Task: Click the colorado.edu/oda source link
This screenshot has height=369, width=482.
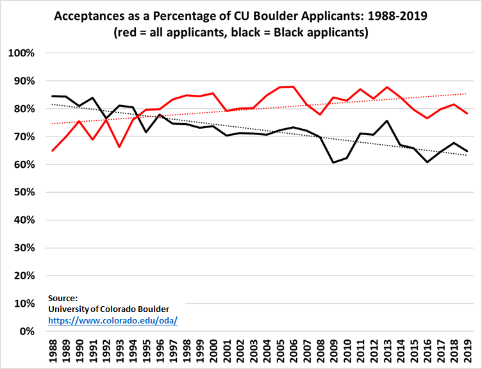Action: (x=113, y=321)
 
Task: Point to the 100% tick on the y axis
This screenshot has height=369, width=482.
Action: (x=21, y=53)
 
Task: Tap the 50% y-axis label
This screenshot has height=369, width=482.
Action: (x=24, y=192)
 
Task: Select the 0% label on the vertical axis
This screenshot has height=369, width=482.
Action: (x=27, y=331)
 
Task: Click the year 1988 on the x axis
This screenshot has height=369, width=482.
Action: (x=53, y=350)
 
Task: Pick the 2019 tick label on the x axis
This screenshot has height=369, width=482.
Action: (x=467, y=350)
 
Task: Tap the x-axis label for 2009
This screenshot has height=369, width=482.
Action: (x=333, y=350)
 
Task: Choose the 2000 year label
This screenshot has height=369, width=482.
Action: (x=213, y=350)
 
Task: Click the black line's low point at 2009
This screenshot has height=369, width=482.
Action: (x=333, y=162)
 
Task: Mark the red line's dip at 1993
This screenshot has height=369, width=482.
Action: (x=119, y=147)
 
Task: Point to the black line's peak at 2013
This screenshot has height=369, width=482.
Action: (x=387, y=120)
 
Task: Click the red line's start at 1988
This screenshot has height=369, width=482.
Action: (x=53, y=151)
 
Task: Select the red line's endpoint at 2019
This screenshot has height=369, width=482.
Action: (x=467, y=113)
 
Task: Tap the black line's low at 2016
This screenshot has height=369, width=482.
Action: (x=428, y=162)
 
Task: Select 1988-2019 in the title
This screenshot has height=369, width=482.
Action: (x=397, y=15)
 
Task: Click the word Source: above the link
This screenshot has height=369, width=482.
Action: (x=63, y=299)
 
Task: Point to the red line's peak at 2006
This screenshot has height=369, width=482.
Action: (x=294, y=86)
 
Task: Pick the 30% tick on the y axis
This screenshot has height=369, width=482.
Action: (x=24, y=248)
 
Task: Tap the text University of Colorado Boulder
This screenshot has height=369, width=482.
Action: (x=108, y=309)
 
